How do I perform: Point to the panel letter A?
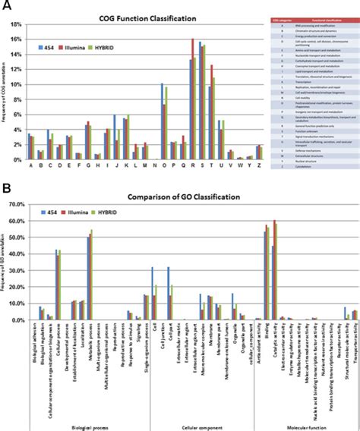click(x=6, y=6)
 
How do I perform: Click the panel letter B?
click(x=6, y=184)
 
